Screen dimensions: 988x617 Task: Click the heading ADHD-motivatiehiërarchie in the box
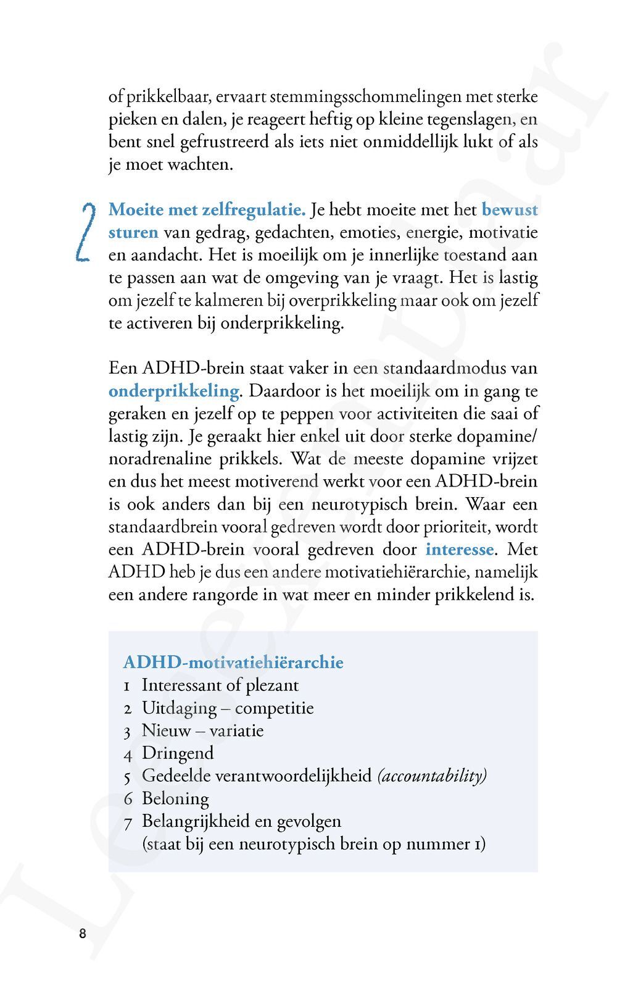tap(233, 663)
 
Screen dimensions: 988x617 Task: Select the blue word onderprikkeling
tap(174, 391)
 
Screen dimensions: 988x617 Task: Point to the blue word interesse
tap(460, 549)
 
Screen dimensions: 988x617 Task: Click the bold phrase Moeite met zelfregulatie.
tap(207, 210)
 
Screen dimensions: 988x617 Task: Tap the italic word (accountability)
tap(432, 776)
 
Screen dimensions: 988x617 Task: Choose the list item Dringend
tap(178, 753)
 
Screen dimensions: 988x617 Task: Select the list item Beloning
tap(175, 798)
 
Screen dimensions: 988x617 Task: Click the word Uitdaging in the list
tap(179, 708)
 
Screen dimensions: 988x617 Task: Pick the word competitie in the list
tap(274, 708)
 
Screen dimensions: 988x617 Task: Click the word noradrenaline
tap(160, 459)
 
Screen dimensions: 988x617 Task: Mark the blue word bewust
tap(510, 210)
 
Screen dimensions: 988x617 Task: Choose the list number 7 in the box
tap(128, 822)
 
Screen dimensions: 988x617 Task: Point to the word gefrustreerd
tap(221, 142)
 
